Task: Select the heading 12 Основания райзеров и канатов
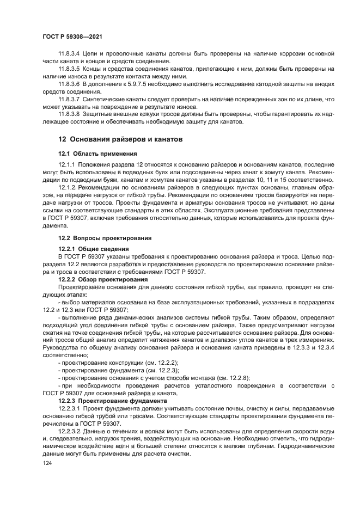120,140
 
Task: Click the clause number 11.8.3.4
69,54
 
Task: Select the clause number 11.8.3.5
69,69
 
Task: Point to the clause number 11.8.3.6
69,84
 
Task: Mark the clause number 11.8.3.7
69,99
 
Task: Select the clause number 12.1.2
66,187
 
